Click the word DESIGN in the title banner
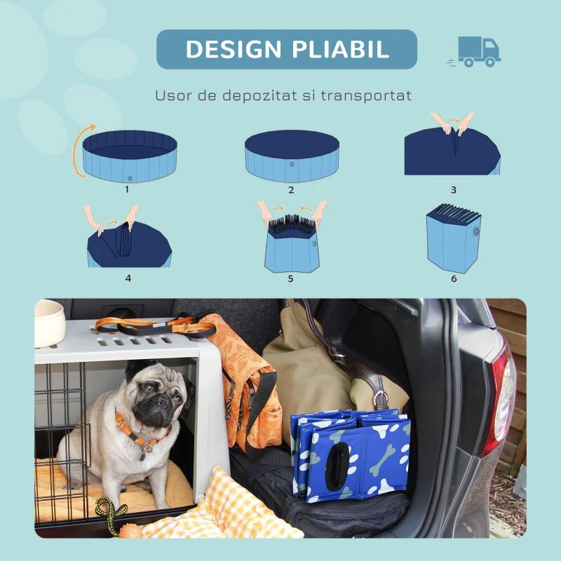click(x=234, y=49)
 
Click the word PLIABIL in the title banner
click(x=341, y=49)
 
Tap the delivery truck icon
click(x=474, y=51)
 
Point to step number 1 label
click(x=127, y=189)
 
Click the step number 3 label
click(x=454, y=189)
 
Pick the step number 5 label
click(x=290, y=278)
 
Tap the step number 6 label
click(x=454, y=278)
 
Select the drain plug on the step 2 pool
click(x=292, y=164)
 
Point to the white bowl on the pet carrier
click(x=49, y=323)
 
